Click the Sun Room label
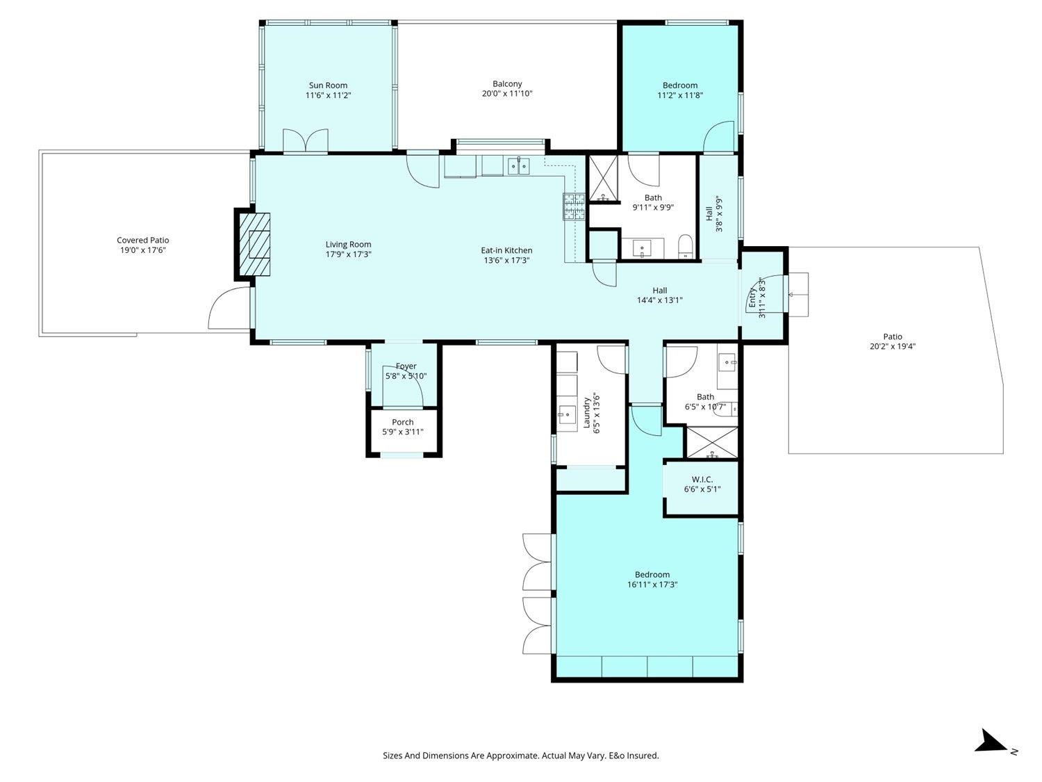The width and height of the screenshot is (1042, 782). coord(328,85)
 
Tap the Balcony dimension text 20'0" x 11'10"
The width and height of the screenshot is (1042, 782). coord(507,94)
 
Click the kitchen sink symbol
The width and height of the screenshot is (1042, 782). coord(518,166)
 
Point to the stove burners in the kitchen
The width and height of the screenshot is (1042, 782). coord(574,206)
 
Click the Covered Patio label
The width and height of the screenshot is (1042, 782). coord(143,241)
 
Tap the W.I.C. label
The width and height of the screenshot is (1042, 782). coord(702,480)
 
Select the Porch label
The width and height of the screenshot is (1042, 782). coord(402,422)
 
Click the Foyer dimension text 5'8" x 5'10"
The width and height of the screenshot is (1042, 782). coord(406,376)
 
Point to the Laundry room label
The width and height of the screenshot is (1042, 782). coord(586,413)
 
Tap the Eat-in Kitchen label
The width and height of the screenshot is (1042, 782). coord(506,250)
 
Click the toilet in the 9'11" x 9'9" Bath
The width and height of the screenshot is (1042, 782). coord(686,246)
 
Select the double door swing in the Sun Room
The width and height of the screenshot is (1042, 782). coord(305,141)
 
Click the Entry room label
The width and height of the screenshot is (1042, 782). coord(752,298)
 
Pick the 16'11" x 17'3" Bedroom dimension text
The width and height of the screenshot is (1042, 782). coord(652,585)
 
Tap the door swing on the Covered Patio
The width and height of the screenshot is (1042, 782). coord(229,307)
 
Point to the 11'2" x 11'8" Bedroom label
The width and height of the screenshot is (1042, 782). coord(680,85)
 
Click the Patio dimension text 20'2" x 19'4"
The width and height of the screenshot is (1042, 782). coord(893,347)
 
